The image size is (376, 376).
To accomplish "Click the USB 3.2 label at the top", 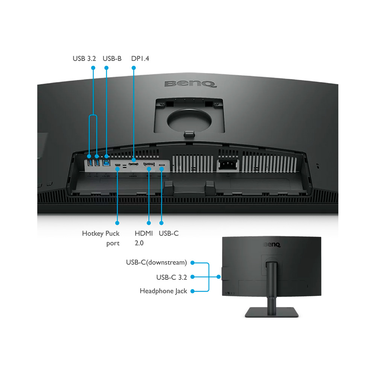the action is pos(84,59).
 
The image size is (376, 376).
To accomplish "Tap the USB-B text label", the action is pos(112,59).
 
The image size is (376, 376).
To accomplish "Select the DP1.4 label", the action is pos(140,59).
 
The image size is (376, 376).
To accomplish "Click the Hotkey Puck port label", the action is pos(101,238).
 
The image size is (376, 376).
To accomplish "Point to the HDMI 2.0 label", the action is pos(144,238).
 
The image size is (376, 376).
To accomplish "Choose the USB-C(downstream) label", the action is pos(156,262).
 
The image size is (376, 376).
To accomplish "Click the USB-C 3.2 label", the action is pos(171,277).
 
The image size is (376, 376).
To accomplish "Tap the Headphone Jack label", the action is pos(163,291).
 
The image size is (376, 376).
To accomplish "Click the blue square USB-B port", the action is pos(106,163).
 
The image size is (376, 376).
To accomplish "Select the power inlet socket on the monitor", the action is pos(227,165).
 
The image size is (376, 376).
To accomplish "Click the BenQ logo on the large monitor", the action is pos(191,84).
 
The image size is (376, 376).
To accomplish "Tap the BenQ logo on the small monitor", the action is pos(272,245).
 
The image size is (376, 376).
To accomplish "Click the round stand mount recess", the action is pos(189,120).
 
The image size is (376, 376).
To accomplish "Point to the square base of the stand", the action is pos(272,312).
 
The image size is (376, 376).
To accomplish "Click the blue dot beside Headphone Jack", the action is pos(192,291).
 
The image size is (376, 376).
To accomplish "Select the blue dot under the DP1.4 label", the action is pos(134,68).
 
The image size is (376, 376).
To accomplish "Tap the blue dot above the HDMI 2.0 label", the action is pos(149,223).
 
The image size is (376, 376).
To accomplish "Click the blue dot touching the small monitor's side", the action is pos(218,277).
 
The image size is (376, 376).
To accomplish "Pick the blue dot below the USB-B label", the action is pos(106,68).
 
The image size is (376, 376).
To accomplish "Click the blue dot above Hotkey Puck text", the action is pos(117,223).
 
